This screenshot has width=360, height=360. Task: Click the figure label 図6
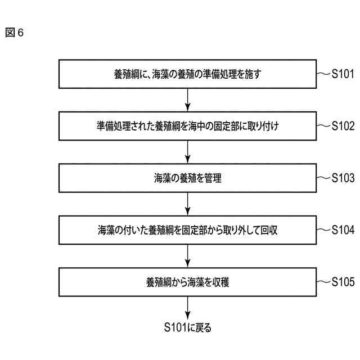point(14,33)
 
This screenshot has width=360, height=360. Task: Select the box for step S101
point(188,74)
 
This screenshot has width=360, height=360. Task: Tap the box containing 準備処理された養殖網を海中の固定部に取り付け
point(188,126)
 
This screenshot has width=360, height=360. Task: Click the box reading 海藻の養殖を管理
point(188,178)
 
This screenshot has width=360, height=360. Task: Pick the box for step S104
point(188,230)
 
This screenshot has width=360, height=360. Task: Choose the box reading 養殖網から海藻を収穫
point(188,282)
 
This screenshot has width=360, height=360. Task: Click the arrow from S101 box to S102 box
point(188,100)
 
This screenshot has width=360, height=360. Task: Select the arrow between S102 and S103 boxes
point(188,152)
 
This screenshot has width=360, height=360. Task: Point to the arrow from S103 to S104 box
point(188,204)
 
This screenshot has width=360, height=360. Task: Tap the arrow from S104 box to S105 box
point(188,256)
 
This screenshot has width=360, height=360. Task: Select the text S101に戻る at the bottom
point(188,327)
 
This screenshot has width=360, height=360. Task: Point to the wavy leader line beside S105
point(325,282)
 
